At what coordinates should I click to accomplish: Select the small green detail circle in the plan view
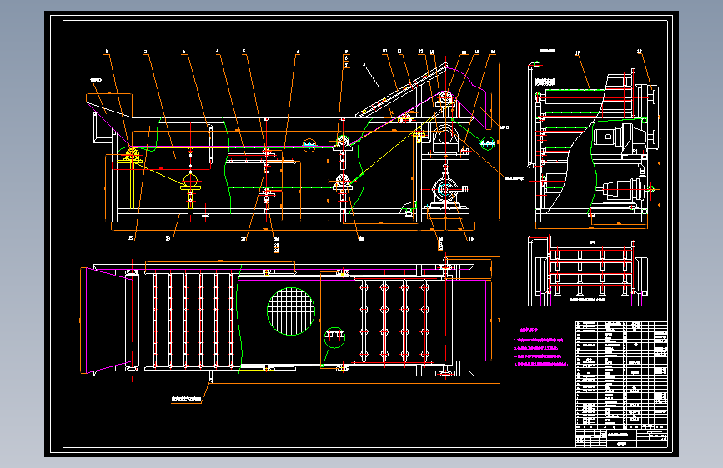click(335, 336)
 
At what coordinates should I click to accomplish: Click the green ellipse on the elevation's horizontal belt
click(309, 146)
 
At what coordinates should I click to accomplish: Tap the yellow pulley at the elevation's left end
click(131, 156)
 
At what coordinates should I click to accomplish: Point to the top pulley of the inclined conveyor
click(444, 99)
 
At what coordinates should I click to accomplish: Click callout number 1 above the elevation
click(107, 52)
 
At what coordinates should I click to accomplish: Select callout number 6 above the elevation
click(298, 52)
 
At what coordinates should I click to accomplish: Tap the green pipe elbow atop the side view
click(538, 64)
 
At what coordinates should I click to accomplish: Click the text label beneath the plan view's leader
click(190, 400)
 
